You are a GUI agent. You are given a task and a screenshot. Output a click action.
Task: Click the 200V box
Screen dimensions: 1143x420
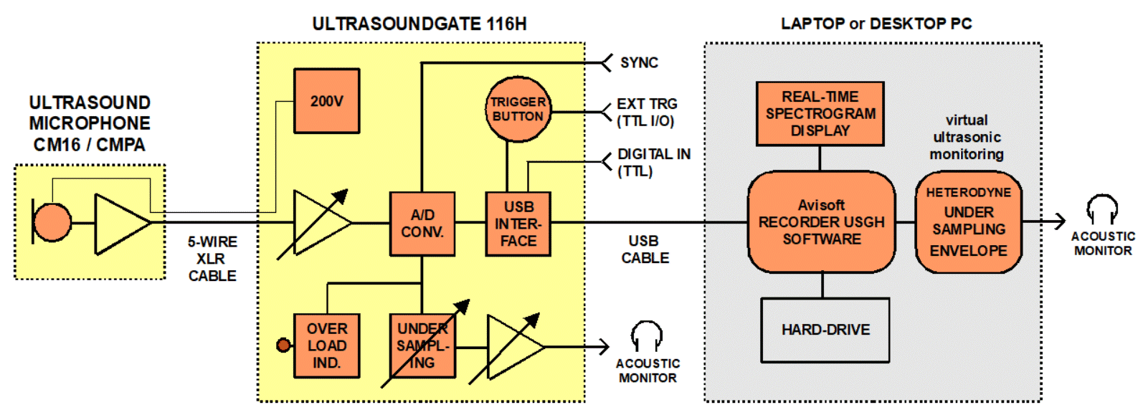coord(326,101)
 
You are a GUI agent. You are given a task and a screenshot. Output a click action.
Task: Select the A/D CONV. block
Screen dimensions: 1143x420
coord(422,224)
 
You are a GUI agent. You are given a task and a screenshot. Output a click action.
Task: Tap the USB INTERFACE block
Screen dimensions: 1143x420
coord(518,224)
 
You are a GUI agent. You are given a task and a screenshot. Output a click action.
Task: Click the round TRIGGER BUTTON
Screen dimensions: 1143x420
coord(518,109)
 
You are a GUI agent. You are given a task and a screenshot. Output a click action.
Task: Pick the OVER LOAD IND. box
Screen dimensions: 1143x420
coord(326,345)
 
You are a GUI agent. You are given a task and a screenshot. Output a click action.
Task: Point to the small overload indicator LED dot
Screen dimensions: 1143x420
coord(283,345)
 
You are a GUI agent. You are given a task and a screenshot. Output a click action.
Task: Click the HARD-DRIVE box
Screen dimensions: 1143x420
coord(825,330)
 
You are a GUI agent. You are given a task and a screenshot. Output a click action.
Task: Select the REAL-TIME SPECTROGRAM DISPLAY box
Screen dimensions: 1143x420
coord(820,114)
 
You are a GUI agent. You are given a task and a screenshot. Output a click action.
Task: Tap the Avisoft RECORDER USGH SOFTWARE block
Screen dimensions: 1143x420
coord(822,222)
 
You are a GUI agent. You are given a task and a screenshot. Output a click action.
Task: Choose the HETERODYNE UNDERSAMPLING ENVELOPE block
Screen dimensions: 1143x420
coord(969,222)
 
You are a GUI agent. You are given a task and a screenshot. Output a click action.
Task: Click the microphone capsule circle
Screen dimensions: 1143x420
coord(52,222)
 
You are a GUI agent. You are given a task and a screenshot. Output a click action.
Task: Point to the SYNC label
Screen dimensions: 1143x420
coord(639,63)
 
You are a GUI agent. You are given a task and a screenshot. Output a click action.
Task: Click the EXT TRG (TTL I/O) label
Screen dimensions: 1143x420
coord(647,113)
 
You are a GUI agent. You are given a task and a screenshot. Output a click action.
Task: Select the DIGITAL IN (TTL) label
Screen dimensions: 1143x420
coord(654,162)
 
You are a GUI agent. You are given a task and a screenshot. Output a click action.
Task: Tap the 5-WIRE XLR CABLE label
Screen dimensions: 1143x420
coord(212,259)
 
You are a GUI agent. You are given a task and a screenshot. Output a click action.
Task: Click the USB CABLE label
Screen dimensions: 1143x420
coord(645,249)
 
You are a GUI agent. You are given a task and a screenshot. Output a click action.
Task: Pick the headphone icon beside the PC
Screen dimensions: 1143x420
coord(1102,209)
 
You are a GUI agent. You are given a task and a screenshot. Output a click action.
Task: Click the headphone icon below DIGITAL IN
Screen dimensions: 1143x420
coord(647,336)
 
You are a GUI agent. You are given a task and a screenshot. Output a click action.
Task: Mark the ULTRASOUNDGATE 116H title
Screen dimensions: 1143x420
coord(419,24)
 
